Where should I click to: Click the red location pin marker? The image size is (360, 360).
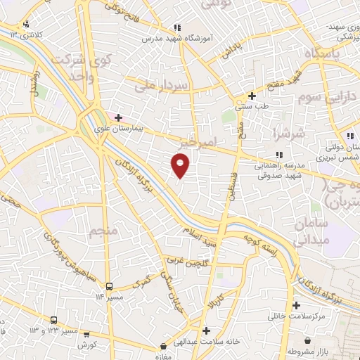[181, 165]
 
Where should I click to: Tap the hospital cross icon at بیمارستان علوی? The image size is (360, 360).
[119, 117]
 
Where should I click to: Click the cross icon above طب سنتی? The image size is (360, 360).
[252, 96]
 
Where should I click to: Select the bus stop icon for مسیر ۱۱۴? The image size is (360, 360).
[109, 286]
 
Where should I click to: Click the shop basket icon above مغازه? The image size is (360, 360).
[163, 346]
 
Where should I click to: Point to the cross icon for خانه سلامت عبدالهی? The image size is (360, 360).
[206, 330]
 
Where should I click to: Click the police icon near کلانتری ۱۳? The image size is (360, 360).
[26, 25]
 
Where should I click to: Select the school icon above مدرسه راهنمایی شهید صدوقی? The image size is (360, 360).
[279, 155]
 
